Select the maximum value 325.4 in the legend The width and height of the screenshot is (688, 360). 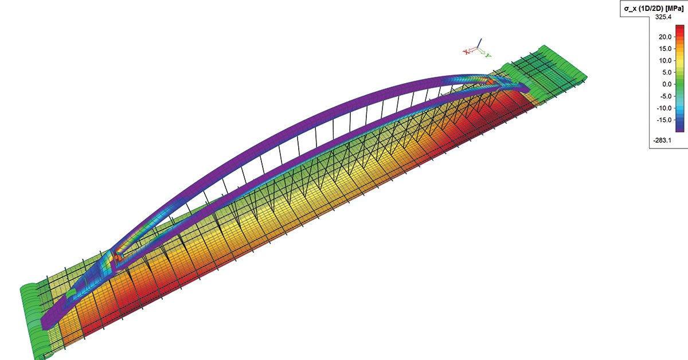[663, 17]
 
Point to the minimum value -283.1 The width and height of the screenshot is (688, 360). [662, 140]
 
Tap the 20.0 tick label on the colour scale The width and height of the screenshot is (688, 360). [665, 37]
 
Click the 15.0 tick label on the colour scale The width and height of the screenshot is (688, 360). [665, 49]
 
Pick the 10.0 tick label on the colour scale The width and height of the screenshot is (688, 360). [665, 61]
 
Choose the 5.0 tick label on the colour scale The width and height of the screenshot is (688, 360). [667, 72]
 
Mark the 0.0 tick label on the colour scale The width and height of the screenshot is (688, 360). [667, 84]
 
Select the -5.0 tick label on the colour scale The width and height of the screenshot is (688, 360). [666, 96]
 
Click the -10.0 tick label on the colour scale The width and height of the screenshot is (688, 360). [664, 108]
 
